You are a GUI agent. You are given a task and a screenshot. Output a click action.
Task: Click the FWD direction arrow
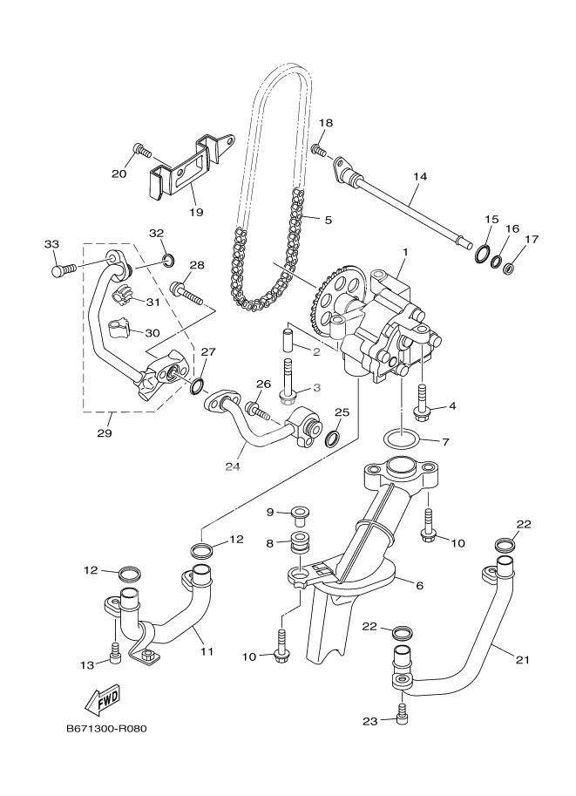pyautogui.click(x=102, y=698)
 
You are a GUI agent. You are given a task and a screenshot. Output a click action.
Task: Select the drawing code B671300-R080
pyautogui.click(x=105, y=730)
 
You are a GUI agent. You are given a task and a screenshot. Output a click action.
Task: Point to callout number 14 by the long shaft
pyautogui.click(x=420, y=176)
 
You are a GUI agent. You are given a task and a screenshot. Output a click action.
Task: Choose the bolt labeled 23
pyautogui.click(x=402, y=713)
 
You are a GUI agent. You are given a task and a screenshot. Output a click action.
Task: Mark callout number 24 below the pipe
pyautogui.click(x=232, y=466)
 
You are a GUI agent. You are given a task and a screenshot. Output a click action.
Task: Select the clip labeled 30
pyautogui.click(x=121, y=329)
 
